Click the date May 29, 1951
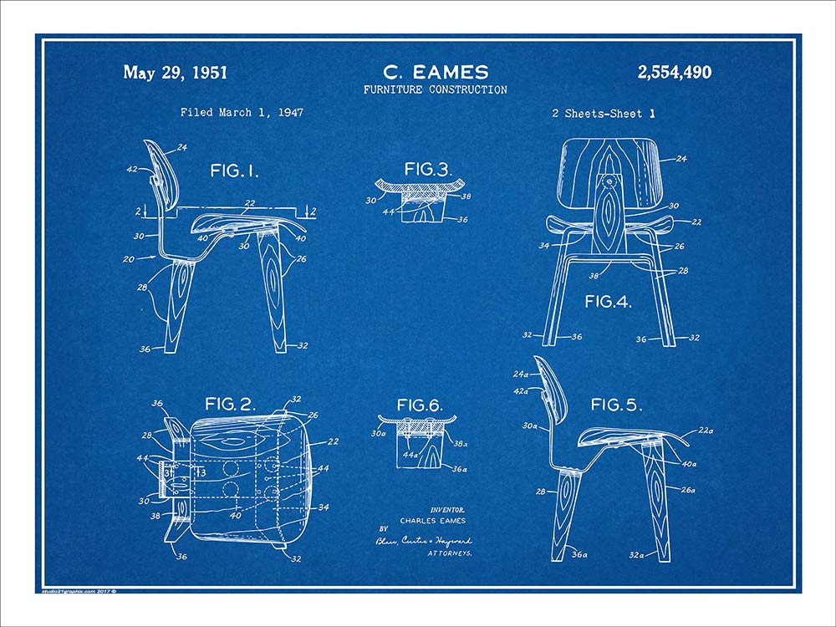coord(175,73)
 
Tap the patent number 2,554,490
coord(674,73)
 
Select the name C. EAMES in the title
coord(435,72)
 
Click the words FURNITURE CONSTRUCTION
coord(435,89)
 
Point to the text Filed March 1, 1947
coord(242,112)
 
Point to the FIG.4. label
coord(609,302)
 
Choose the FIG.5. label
coord(616,405)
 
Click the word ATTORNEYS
coord(451,553)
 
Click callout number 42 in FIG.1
coord(131,169)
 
